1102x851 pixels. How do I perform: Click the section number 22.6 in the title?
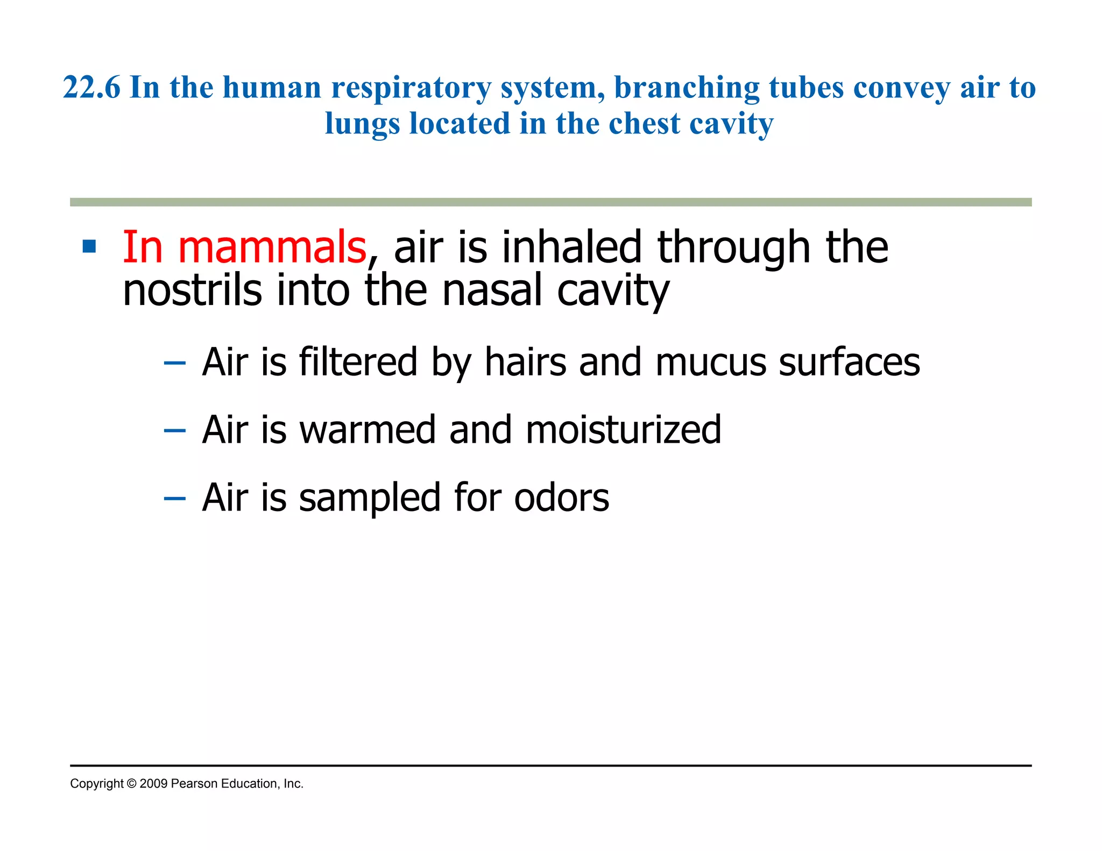click(91, 87)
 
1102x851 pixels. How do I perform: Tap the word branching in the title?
click(687, 88)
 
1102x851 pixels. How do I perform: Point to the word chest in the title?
click(644, 124)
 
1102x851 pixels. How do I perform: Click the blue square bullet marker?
click(89, 247)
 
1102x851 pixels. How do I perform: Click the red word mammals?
click(272, 247)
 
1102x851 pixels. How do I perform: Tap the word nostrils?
click(192, 290)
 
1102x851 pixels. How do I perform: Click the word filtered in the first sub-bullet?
click(358, 361)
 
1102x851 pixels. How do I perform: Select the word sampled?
click(370, 498)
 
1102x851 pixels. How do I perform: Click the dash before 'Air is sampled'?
click(174, 499)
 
